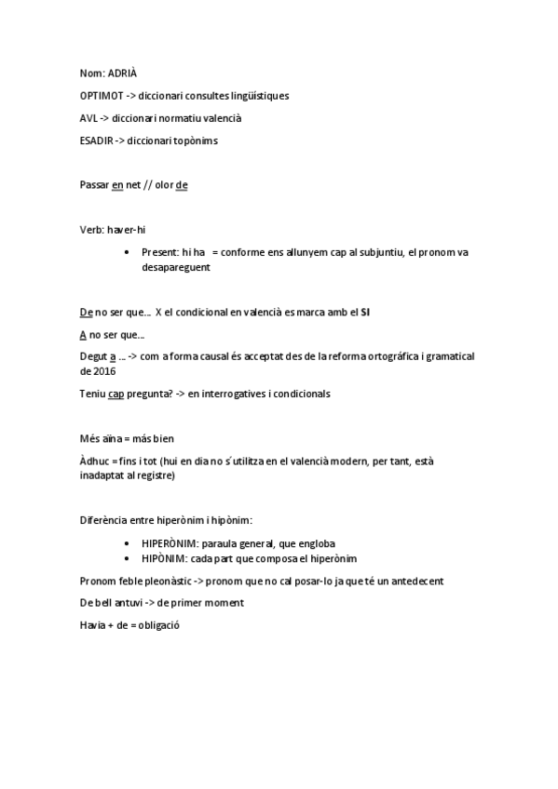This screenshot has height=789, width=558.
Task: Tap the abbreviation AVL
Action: (x=88, y=118)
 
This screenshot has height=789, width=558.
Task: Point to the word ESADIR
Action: (x=97, y=140)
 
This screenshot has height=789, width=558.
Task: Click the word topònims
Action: (x=197, y=140)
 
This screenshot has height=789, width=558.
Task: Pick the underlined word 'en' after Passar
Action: (x=117, y=185)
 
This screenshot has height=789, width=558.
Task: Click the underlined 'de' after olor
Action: (x=182, y=185)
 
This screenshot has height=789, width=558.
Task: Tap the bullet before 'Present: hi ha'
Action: (x=127, y=253)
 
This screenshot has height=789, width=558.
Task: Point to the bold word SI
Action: (x=366, y=312)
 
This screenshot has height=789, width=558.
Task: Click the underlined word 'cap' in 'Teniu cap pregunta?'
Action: (x=116, y=394)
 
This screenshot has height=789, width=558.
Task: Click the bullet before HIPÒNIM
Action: (x=127, y=558)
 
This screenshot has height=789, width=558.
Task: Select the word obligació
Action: (x=158, y=625)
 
